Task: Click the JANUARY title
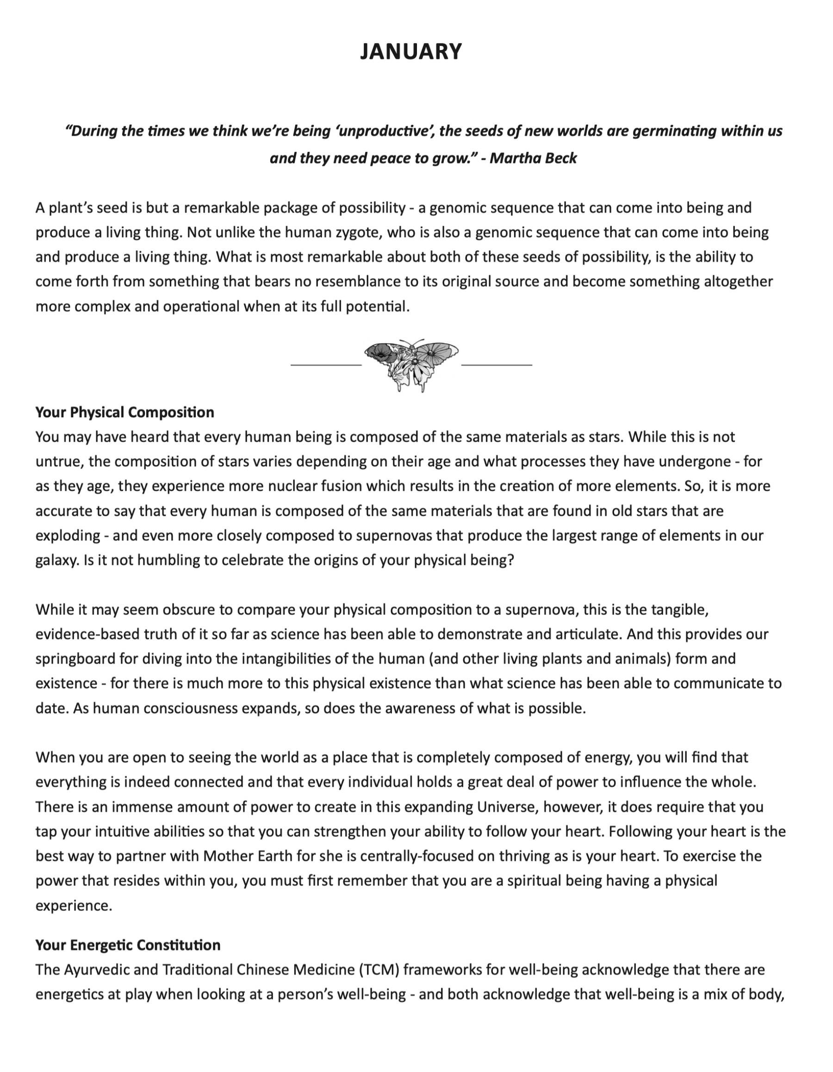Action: click(411, 51)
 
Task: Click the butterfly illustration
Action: click(411, 365)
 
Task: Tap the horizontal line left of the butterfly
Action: click(326, 365)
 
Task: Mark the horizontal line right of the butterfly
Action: click(497, 365)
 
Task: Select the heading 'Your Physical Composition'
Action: click(124, 412)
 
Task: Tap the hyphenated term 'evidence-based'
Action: click(87, 634)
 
